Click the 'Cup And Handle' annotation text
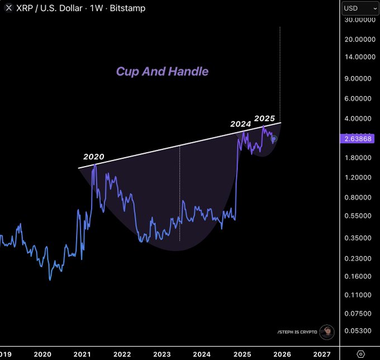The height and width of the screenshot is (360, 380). (162, 72)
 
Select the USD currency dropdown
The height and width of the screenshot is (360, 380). (360, 8)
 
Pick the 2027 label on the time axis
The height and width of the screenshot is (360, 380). (322, 353)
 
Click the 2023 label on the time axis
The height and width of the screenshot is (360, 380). (162, 353)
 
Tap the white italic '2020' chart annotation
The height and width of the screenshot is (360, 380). (94, 157)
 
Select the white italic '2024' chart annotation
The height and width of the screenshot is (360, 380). (240, 124)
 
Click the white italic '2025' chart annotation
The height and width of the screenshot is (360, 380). (264, 119)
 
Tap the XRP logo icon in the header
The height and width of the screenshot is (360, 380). (8, 8)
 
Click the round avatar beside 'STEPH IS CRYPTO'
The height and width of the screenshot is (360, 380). (327, 332)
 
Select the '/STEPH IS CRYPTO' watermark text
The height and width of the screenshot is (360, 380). (297, 332)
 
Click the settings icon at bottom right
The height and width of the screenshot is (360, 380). (361, 353)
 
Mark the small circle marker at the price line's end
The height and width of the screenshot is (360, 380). (274, 139)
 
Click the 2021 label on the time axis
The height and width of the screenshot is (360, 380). (82, 353)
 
